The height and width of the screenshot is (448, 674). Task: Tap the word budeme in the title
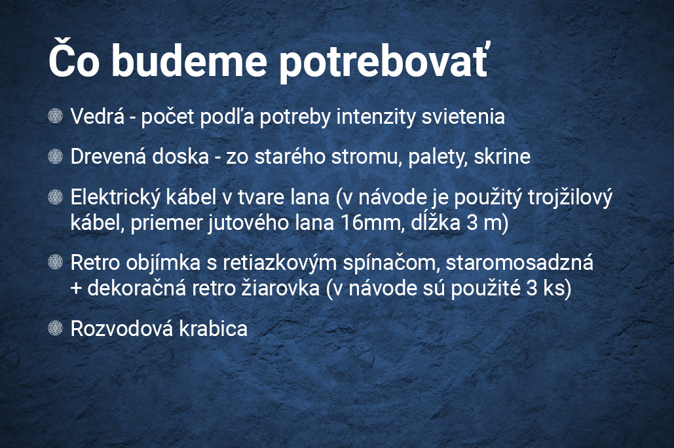click(189, 60)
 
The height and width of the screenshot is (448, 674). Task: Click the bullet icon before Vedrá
click(56, 116)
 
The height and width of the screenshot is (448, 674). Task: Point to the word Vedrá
click(97, 116)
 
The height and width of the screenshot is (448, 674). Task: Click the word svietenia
click(463, 116)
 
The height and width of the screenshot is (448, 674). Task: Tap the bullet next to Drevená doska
click(56, 156)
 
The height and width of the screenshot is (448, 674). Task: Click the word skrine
click(502, 157)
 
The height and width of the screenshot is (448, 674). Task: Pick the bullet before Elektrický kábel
click(56, 196)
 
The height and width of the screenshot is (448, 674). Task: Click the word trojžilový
click(570, 198)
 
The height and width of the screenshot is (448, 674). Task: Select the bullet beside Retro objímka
click(56, 262)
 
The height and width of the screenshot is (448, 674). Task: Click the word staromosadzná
click(519, 262)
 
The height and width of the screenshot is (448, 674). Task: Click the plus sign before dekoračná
click(76, 288)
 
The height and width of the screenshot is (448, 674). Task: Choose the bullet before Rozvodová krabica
click(56, 328)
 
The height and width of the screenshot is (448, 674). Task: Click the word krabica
click(214, 329)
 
